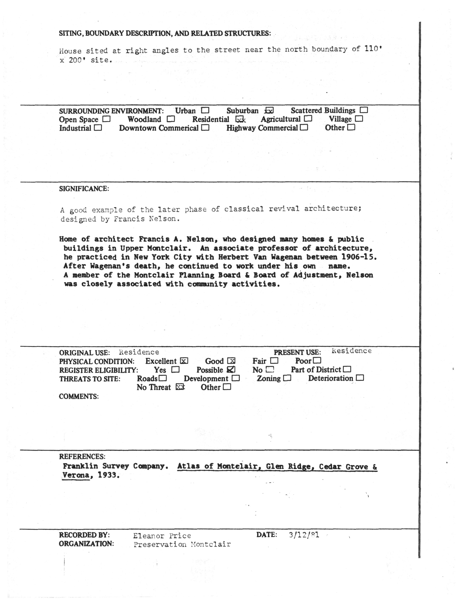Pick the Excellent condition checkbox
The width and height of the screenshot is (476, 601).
(184, 361)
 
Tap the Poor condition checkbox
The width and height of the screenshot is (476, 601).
(317, 360)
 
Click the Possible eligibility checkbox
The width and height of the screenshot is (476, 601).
(231, 369)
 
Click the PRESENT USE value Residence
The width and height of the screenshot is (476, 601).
(352, 351)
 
